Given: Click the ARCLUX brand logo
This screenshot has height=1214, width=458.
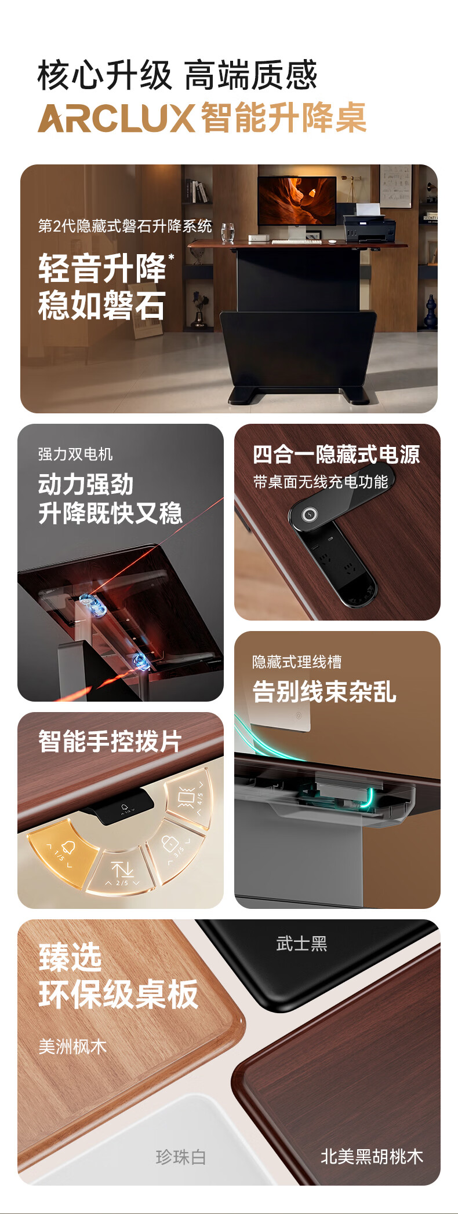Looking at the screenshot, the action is (116, 118).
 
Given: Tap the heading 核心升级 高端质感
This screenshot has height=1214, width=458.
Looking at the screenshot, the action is (177, 75).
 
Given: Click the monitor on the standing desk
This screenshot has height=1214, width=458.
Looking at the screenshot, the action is (297, 201).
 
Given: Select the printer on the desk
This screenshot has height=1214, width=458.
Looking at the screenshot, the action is (369, 226).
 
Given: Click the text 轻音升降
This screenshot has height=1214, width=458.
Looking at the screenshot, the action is (102, 269).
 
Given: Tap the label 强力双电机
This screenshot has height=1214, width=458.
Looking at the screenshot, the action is (75, 454).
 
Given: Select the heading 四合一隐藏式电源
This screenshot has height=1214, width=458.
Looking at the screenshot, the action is (336, 454).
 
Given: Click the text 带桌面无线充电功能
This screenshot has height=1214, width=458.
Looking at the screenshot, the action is (321, 482).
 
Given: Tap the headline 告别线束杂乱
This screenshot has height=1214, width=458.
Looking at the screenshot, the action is (324, 691).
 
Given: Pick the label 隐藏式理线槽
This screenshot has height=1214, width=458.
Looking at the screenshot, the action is (297, 662).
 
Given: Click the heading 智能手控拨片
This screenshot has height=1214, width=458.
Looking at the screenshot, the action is (110, 741).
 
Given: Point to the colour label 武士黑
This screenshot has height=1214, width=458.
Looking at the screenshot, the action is (301, 944).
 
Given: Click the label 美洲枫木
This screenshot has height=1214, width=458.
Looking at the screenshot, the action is (72, 1047).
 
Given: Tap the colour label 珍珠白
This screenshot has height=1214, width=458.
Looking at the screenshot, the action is (181, 1157).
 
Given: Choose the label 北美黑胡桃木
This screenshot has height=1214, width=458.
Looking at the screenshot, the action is (372, 1156).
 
